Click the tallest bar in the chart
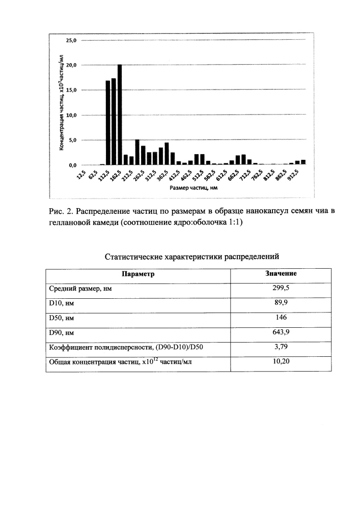coord(120,115)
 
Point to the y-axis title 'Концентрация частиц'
coord(61,102)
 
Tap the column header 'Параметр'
coord(138,274)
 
